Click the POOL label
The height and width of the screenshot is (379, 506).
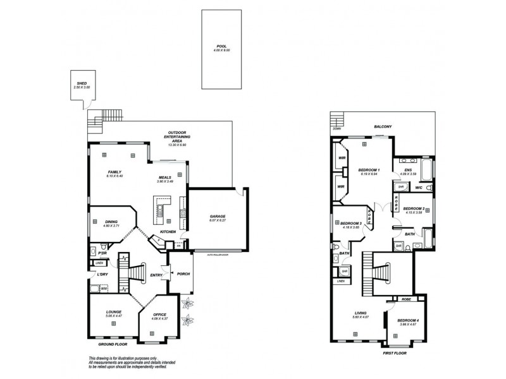coord(220,46)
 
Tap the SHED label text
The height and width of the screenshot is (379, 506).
coord(81,83)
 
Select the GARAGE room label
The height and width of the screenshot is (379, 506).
coord(218,217)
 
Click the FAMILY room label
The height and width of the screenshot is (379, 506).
coord(114,172)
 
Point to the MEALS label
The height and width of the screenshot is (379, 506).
coord(165,177)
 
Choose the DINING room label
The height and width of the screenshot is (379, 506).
coord(111,222)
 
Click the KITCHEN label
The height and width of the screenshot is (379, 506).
coord(167,232)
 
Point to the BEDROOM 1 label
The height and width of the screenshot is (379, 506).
coord(369,171)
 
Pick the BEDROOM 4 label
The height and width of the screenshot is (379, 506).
coord(408,320)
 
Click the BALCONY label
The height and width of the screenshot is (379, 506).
coord(383,126)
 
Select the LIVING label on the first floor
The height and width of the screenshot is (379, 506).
coord(361,312)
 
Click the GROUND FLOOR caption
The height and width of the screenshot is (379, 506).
coord(112,346)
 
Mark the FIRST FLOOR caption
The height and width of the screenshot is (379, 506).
coord(395,354)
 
